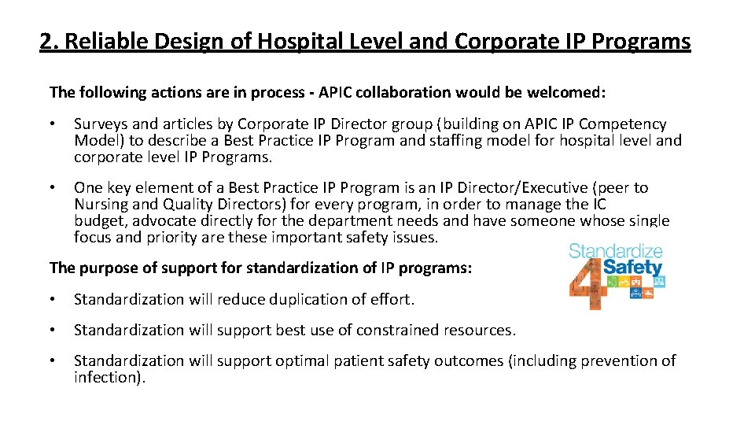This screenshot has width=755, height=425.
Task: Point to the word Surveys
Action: click(x=100, y=124)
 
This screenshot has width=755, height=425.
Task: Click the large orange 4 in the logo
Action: click(x=585, y=287)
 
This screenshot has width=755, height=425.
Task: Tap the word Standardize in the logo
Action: click(x=616, y=252)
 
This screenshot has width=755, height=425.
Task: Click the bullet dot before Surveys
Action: click(x=52, y=124)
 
